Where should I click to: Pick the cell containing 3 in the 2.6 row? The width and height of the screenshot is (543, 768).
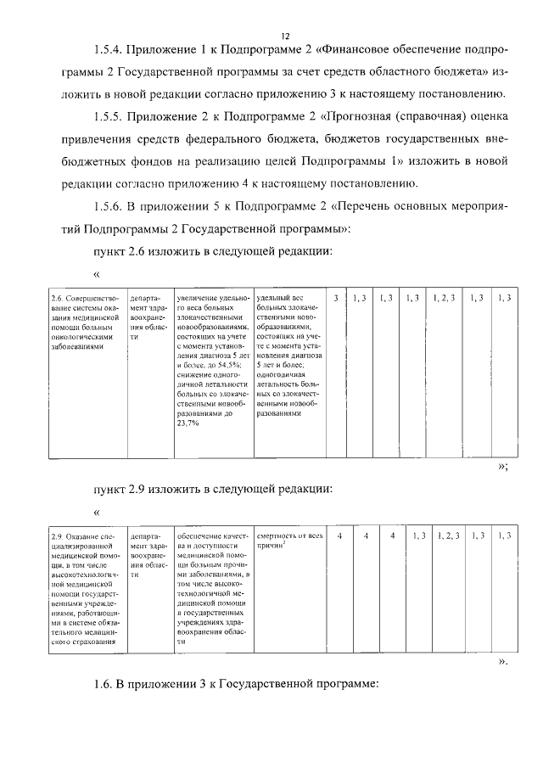point(336,298)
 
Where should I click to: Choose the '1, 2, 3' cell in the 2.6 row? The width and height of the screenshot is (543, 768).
point(444,298)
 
